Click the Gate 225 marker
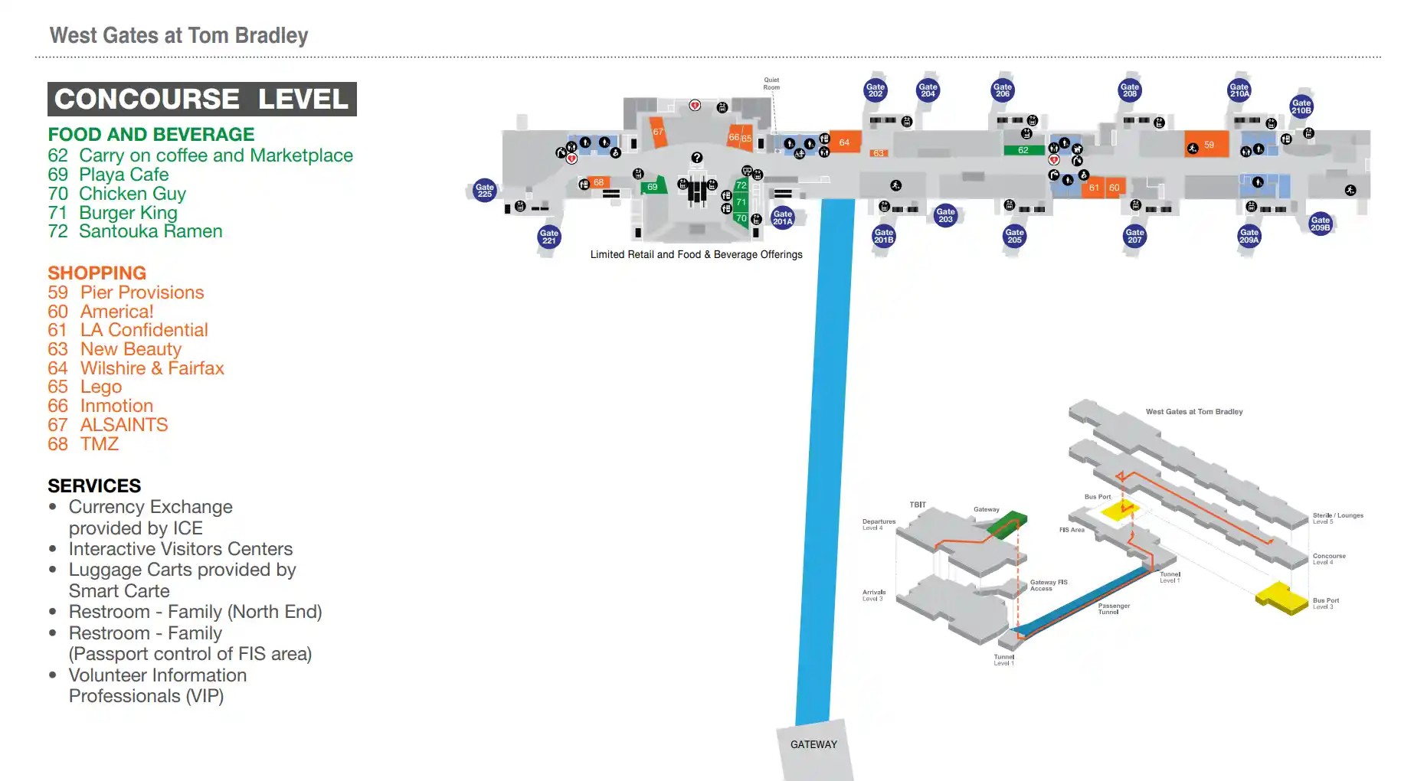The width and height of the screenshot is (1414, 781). [485, 191]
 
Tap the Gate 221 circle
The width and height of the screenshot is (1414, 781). [549, 237]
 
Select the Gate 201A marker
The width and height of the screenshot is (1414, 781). [782, 217]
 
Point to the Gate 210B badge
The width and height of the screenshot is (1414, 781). [1301, 106]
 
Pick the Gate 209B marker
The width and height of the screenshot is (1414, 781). [1321, 224]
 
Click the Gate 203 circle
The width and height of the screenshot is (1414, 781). [946, 215]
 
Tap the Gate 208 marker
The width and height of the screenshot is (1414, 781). [1130, 90]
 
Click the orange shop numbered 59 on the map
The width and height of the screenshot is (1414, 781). [1208, 145]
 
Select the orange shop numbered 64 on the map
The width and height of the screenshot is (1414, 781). [844, 142]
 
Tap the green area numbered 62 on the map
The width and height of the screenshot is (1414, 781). [1023, 150]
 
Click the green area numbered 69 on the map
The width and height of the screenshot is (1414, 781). [653, 186]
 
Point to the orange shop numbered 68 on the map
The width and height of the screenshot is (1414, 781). [598, 182]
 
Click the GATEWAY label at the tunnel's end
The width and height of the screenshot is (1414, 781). [813, 744]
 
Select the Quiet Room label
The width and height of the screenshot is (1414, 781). [771, 83]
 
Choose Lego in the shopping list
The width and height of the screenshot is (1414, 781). [101, 387]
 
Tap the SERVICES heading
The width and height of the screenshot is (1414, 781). [94, 485]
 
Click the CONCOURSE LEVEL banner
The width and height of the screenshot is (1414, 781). [202, 100]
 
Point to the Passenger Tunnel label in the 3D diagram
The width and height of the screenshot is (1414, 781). [1114, 609]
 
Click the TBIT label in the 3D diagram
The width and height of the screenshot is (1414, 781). [918, 505]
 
